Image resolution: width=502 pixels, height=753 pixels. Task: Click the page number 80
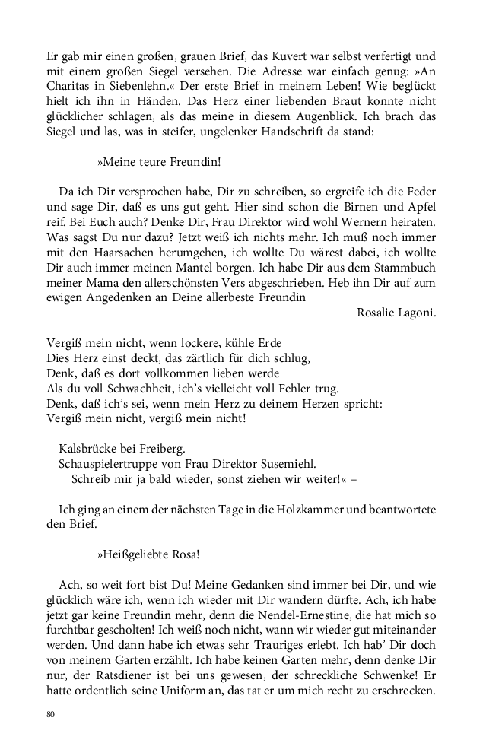[51, 714]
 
